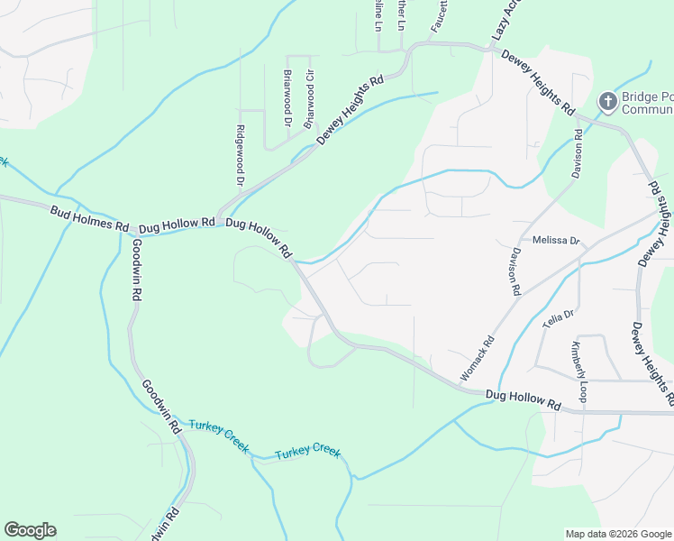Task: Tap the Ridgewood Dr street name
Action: (241, 155)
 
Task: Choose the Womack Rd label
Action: (478, 358)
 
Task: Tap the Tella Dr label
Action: (559, 319)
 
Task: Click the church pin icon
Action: (608, 102)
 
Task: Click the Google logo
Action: (30, 530)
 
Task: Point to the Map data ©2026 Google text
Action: (617, 534)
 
